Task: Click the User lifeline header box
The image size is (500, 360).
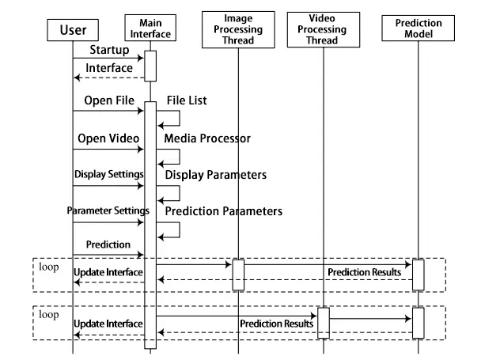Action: pyautogui.click(x=73, y=31)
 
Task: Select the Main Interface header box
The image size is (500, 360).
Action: pyautogui.click(x=150, y=28)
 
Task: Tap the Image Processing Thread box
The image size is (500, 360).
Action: pyautogui.click(x=238, y=28)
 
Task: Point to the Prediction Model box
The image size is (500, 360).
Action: pyautogui.click(x=418, y=28)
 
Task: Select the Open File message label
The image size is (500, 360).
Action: pyautogui.click(x=108, y=101)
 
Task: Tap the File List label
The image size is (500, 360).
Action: pyautogui.click(x=188, y=101)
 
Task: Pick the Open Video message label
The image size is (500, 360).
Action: pyautogui.click(x=108, y=138)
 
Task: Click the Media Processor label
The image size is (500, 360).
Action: pyautogui.click(x=207, y=138)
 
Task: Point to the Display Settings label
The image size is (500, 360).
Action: pyautogui.click(x=109, y=174)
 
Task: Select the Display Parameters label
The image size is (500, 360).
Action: pyautogui.click(x=215, y=174)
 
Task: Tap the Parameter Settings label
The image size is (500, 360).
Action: pyautogui.click(x=108, y=210)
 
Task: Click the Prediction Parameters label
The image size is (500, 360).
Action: pyautogui.click(x=223, y=211)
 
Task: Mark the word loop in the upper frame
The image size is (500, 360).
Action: pyautogui.click(x=49, y=267)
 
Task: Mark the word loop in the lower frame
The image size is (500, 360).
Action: pyautogui.click(x=49, y=314)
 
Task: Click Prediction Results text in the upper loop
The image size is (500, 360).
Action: pyautogui.click(x=365, y=272)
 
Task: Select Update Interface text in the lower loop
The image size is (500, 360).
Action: pyautogui.click(x=108, y=324)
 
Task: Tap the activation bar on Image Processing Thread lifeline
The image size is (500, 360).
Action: pyautogui.click(x=237, y=275)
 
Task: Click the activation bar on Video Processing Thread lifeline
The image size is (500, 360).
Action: pyautogui.click(x=323, y=322)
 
